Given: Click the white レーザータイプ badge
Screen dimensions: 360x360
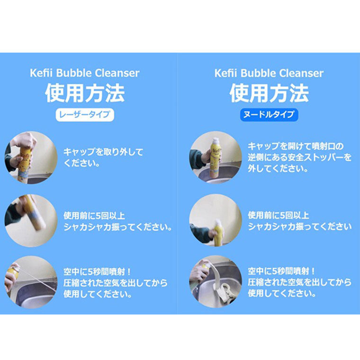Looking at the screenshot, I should (85, 115).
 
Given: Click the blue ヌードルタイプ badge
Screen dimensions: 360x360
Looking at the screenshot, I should (269, 115).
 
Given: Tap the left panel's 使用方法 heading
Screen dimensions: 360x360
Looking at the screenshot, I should (85, 93).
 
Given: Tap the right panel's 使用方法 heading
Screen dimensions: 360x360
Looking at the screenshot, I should (269, 93).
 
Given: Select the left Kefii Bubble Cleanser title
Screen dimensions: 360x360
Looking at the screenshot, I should (85, 73).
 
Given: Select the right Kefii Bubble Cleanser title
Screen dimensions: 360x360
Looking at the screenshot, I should (269, 73).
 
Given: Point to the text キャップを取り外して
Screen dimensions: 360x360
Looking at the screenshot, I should (103, 152).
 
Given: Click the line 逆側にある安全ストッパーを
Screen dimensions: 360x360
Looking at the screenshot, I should (300, 157).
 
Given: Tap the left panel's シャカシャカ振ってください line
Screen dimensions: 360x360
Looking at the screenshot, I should (117, 227).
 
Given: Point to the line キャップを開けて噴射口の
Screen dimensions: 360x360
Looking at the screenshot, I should (295, 146).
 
